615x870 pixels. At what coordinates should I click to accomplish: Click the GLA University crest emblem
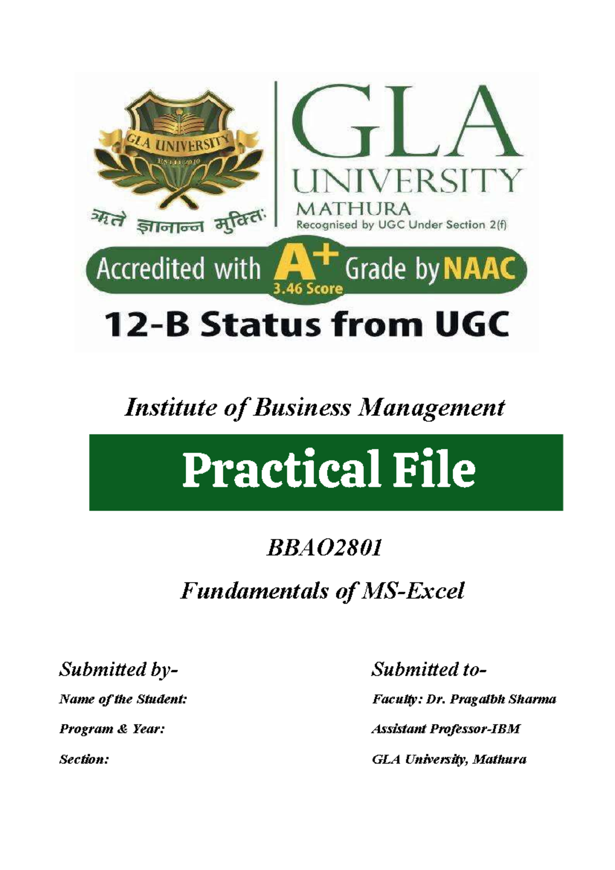point(179,149)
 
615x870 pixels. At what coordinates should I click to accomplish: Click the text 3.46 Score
point(307,289)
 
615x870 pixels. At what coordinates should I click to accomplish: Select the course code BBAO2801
point(324,549)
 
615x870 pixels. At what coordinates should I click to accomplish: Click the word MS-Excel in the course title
point(413,591)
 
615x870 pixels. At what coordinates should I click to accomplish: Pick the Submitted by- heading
point(118,669)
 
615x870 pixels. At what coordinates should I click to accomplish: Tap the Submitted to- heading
point(428,669)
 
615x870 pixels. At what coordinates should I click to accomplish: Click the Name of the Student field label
point(123,699)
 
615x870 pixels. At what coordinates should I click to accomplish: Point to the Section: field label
point(84,759)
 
